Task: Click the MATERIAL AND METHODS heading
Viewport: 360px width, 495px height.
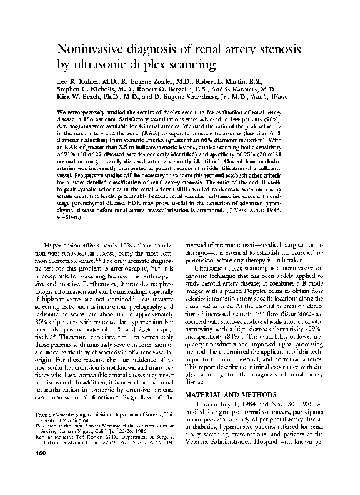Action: point(229,396)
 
